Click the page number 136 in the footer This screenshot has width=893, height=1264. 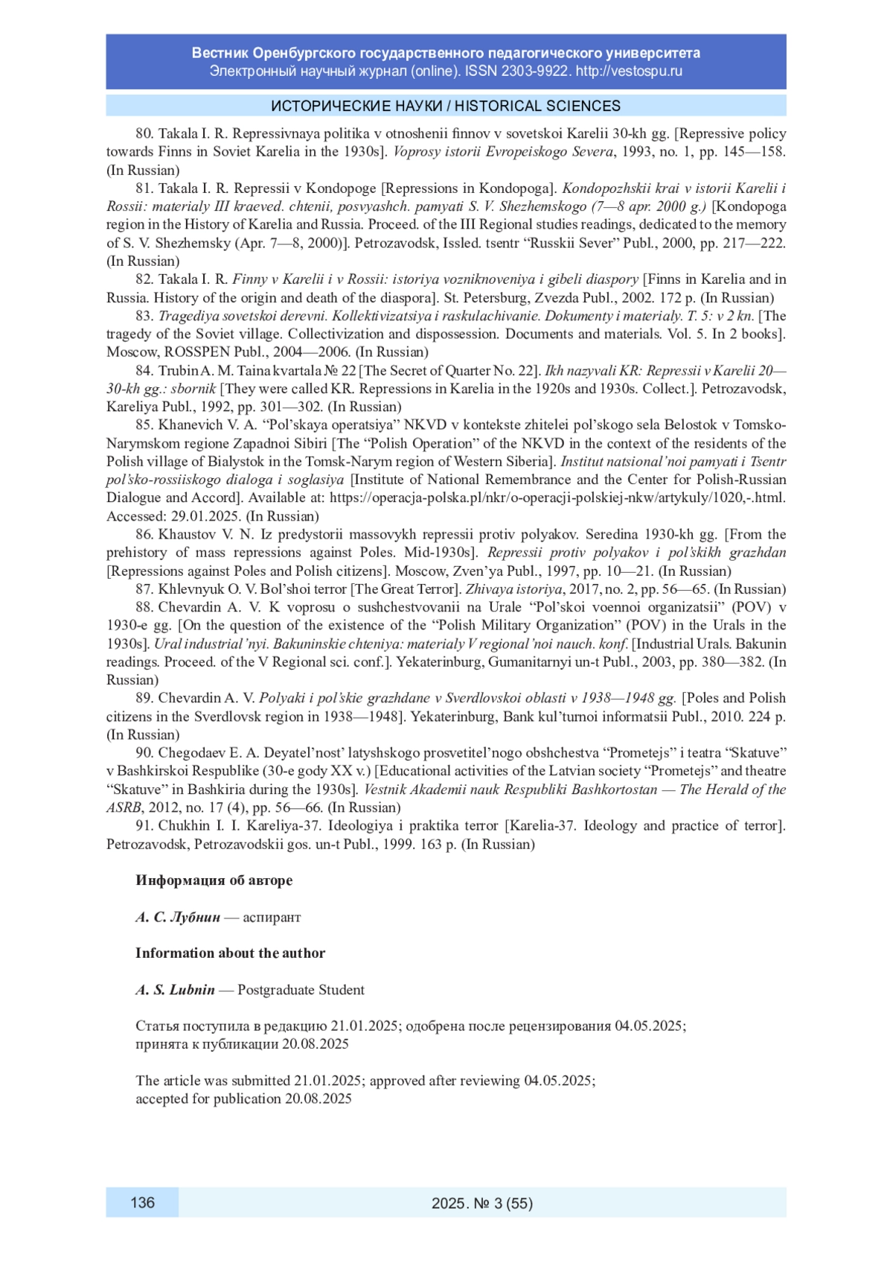[x=142, y=1201]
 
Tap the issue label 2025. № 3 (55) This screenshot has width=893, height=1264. [x=482, y=1202]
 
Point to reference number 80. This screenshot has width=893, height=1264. [x=144, y=134]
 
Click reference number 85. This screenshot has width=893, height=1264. [x=144, y=425]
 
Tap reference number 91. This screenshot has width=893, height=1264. [x=144, y=825]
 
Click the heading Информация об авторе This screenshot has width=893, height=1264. [x=214, y=880]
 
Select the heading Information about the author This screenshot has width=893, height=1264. [x=230, y=953]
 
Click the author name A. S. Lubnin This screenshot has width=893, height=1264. [x=175, y=990]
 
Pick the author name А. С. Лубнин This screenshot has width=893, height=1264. [x=178, y=917]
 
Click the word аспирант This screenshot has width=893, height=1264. [x=272, y=917]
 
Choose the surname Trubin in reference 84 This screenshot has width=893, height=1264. [x=178, y=370]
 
